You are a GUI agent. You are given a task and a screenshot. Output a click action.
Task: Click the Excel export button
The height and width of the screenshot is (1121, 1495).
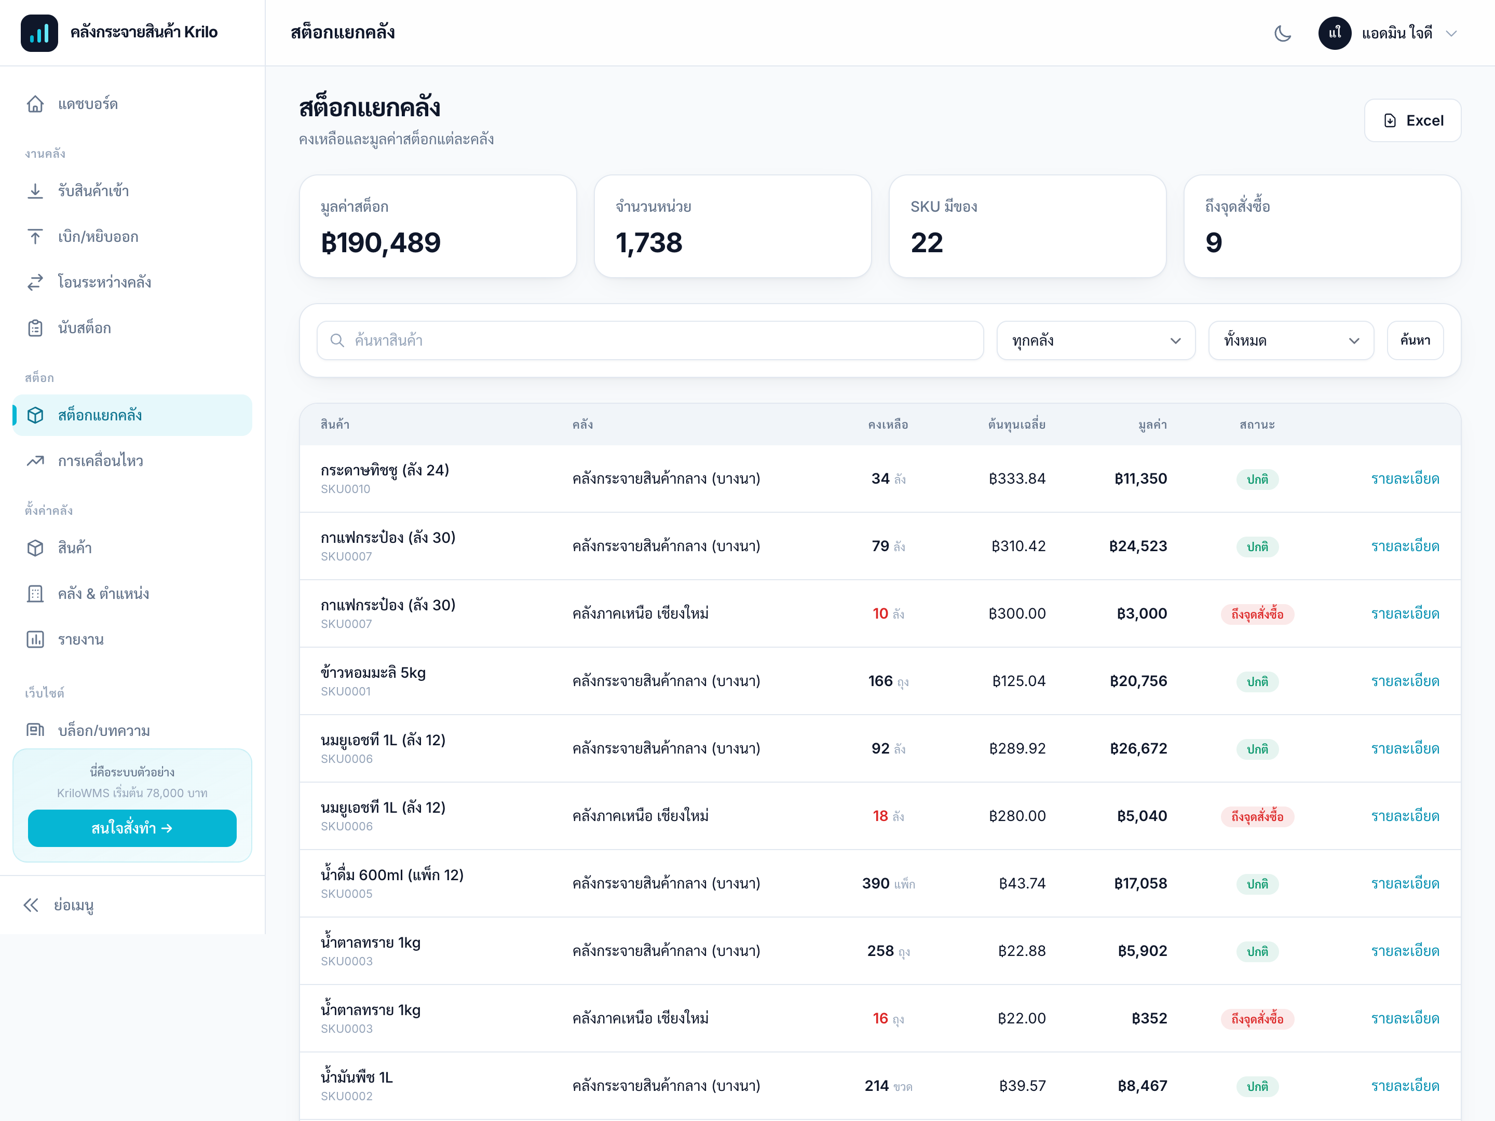click(x=1412, y=120)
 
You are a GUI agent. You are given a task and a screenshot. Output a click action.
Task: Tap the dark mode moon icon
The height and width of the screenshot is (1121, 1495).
click(x=1282, y=33)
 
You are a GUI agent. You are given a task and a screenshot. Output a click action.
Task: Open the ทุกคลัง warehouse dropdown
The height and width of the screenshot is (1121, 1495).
click(x=1096, y=340)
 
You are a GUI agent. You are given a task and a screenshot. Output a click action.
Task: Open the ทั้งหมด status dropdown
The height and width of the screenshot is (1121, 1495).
click(x=1291, y=340)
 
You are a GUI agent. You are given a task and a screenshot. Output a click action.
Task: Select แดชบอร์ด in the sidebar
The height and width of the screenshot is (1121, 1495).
click(x=88, y=104)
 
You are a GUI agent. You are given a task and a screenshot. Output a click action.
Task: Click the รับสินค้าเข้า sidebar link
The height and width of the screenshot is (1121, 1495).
click(x=93, y=191)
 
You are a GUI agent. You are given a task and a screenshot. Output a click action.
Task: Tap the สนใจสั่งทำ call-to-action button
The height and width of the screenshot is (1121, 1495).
click(x=132, y=828)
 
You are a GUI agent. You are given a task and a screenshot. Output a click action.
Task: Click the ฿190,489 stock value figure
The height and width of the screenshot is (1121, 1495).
click(x=380, y=242)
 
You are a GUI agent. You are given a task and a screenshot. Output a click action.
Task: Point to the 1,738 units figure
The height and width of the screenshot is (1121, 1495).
click(x=649, y=242)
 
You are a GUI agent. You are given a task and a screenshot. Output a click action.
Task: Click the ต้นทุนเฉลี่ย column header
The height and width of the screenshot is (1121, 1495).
click(x=1016, y=425)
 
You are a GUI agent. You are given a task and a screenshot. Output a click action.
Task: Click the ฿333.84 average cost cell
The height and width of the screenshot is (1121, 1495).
click(x=1016, y=479)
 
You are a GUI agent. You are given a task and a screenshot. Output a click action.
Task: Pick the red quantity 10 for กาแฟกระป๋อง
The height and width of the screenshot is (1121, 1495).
click(x=880, y=613)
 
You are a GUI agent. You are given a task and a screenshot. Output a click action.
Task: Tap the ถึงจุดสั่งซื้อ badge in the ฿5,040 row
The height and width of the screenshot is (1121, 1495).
click(x=1257, y=816)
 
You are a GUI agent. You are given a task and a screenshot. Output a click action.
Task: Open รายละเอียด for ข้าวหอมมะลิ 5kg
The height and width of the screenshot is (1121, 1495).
click(x=1405, y=681)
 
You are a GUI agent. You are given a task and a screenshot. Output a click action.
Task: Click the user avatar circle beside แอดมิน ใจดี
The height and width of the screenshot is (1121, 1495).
click(x=1335, y=33)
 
